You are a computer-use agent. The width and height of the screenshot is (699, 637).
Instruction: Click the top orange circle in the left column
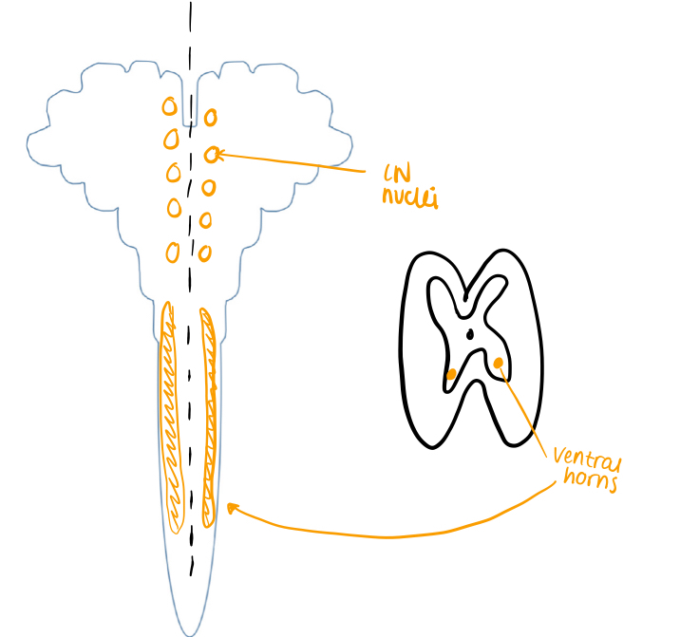(168, 105)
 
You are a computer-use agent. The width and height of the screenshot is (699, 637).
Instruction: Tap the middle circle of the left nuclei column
(174, 173)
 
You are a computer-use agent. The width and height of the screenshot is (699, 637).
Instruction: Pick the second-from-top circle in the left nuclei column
(171, 139)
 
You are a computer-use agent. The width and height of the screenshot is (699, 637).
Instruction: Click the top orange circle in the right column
(210, 118)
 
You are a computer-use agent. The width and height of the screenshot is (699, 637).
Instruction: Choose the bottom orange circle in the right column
(205, 253)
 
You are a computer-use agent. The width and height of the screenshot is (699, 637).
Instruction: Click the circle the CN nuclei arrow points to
(211, 153)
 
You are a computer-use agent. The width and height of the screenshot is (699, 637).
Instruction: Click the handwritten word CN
(396, 174)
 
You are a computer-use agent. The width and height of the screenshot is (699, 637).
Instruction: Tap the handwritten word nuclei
(409, 197)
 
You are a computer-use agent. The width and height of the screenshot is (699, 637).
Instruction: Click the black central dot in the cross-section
(470, 333)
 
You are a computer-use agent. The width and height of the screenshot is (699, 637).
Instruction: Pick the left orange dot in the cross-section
(451, 374)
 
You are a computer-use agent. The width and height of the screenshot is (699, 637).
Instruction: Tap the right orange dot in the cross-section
(499, 362)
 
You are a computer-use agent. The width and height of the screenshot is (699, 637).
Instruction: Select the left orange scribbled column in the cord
(172, 418)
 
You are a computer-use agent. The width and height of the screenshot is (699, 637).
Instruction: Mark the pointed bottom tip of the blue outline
(191, 633)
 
